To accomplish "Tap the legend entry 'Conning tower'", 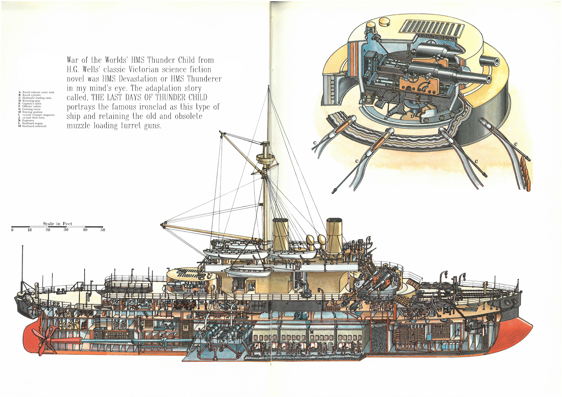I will point(31,109).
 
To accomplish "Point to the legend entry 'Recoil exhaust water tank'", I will point(38,92).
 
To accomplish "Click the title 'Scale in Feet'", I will point(58,223).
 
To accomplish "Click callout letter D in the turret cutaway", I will point(412,115).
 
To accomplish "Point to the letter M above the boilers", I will point(311,332).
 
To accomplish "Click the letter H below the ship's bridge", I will point(296,292).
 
